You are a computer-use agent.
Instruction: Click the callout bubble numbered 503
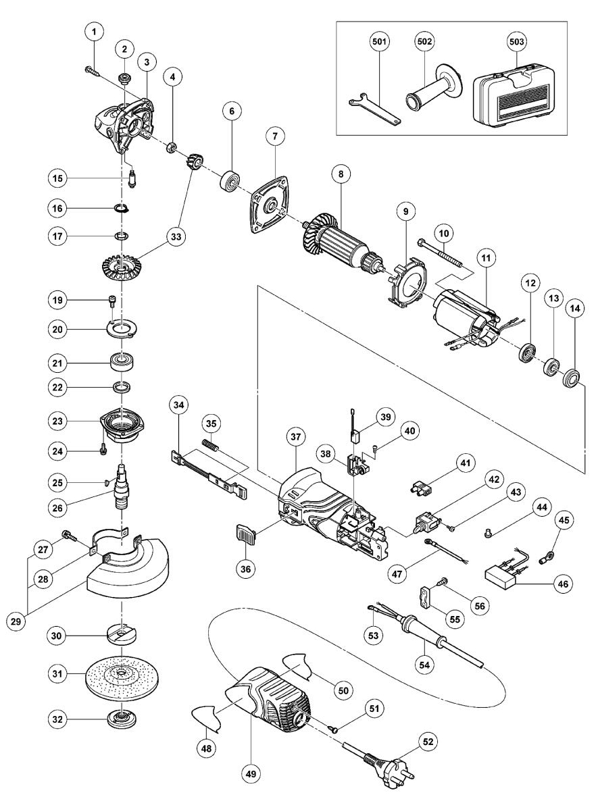518,41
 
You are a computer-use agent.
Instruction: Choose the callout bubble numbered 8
341,174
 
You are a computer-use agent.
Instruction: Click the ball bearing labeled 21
123,363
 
